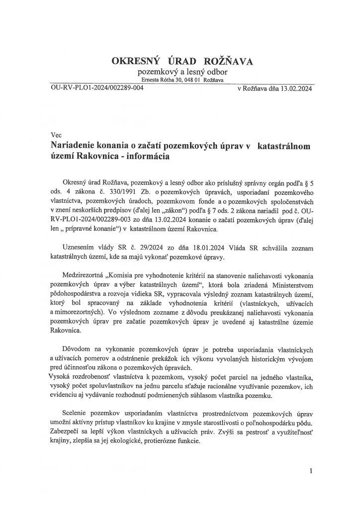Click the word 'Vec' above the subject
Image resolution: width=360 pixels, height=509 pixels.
click(57, 135)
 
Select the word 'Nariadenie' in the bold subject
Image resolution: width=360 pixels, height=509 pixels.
click(76, 145)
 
